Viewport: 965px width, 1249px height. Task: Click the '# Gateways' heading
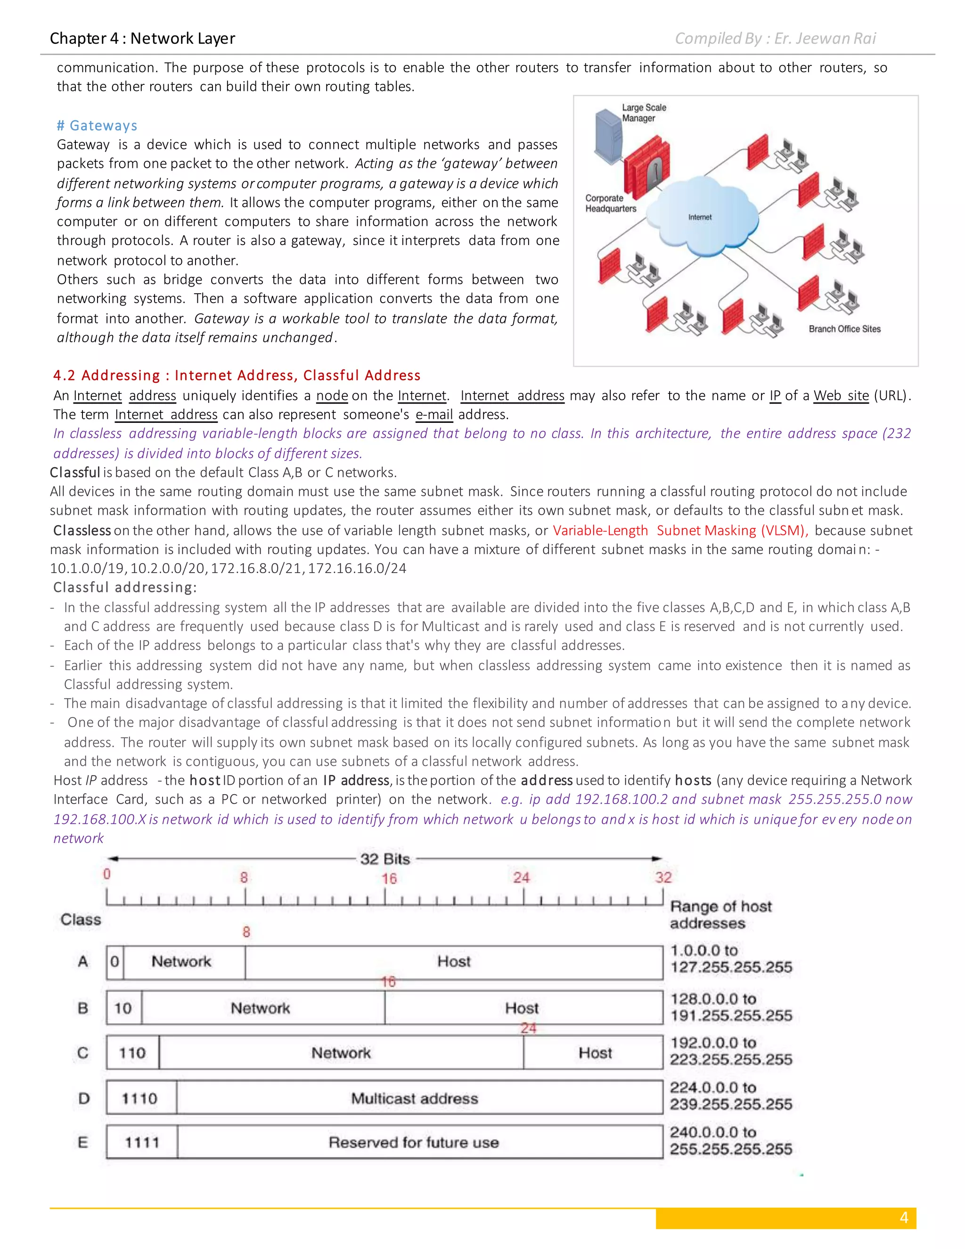tap(97, 125)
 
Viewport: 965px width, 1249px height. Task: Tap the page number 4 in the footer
tap(903, 1217)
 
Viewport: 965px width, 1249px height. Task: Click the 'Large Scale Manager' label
tap(644, 113)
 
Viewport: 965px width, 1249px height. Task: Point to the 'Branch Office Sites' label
tap(844, 329)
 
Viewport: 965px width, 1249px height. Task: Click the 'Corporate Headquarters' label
tap(610, 204)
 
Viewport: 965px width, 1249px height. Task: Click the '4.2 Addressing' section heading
tap(237, 375)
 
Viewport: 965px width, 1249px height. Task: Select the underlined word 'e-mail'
tap(434, 415)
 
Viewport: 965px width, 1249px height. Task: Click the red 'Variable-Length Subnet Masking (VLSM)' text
tap(680, 531)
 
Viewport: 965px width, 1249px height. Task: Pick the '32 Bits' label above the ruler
tap(385, 859)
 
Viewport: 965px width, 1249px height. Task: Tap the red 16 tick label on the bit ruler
tap(389, 879)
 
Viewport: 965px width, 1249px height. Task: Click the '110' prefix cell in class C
tap(132, 1053)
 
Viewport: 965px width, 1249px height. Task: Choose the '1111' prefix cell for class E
tap(142, 1142)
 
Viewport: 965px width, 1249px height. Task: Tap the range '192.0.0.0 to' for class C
tap(713, 1043)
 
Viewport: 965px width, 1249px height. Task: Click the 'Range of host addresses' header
tap(720, 914)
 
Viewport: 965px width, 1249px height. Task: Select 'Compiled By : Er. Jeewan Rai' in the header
tap(775, 38)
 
